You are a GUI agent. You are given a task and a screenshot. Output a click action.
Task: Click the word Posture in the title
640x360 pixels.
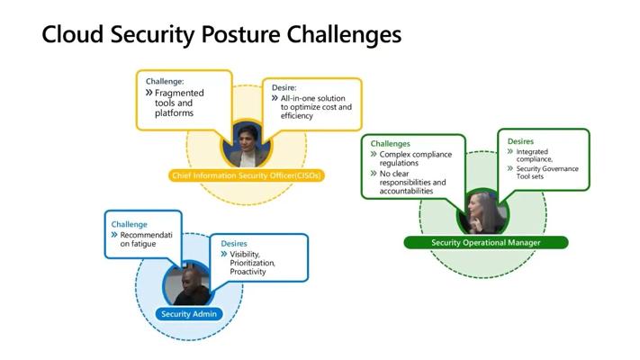point(240,35)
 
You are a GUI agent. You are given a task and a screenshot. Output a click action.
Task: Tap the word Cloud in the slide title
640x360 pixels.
point(72,34)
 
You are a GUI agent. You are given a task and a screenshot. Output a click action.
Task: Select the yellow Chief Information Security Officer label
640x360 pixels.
point(247,175)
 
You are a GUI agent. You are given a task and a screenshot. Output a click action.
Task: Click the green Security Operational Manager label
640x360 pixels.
point(486,242)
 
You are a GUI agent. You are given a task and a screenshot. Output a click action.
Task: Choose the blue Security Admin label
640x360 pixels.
point(189,314)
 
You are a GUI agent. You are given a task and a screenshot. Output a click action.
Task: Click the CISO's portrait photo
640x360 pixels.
point(247,145)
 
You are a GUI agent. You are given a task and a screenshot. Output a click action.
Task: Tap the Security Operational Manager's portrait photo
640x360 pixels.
point(483,212)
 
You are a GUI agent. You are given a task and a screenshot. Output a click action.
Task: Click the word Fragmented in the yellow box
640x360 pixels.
point(179,93)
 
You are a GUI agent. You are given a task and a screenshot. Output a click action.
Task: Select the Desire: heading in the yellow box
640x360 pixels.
point(284,88)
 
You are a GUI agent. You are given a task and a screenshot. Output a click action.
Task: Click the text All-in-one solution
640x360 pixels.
point(312,98)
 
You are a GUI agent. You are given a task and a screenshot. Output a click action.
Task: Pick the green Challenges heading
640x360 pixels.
point(390,144)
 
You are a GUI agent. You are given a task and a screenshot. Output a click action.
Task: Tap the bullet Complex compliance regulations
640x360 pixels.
point(416,158)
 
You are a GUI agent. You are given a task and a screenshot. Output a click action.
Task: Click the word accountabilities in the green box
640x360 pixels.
point(406,191)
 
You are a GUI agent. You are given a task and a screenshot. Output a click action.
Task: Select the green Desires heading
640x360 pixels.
point(520,141)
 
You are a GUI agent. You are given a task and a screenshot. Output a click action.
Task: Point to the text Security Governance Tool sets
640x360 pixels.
point(547,172)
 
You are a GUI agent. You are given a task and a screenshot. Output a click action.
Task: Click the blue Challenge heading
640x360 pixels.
point(129,224)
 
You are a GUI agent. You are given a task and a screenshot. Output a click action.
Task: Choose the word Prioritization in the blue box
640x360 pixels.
point(252,263)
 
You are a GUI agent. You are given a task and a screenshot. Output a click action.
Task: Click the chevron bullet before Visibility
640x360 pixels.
point(223,254)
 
